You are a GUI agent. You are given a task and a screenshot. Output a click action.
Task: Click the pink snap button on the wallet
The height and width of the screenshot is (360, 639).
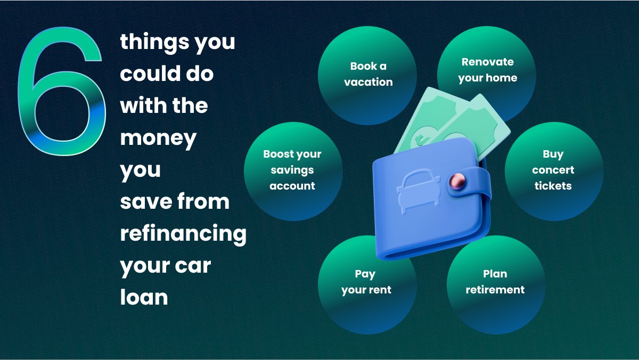pyautogui.click(x=456, y=181)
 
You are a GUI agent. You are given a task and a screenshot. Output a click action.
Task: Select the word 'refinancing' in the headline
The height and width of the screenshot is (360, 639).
pyautogui.click(x=183, y=233)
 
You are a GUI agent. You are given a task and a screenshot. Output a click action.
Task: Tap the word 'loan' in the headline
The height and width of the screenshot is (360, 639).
pyautogui.click(x=144, y=297)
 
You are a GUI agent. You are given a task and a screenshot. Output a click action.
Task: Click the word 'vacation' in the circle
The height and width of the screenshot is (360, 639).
pyautogui.click(x=368, y=82)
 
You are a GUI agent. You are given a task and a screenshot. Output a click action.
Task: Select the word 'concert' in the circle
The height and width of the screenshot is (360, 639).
pyautogui.click(x=553, y=170)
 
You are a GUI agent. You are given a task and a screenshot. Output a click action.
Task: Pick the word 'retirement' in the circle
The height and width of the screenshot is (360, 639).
pyautogui.click(x=495, y=290)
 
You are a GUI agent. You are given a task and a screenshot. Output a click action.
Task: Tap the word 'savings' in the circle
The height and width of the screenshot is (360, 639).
pyautogui.click(x=292, y=170)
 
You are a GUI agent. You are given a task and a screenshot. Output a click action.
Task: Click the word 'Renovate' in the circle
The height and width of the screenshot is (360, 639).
pyautogui.click(x=488, y=62)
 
